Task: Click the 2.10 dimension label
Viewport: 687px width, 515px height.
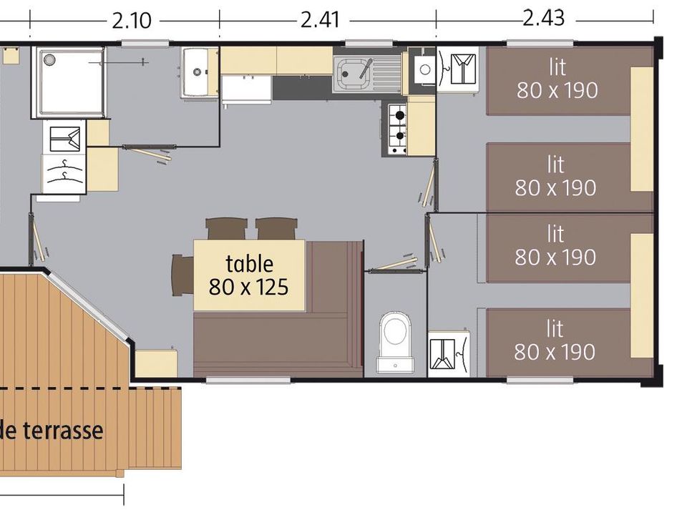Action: click(x=132, y=21)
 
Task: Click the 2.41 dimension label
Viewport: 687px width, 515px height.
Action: click(x=321, y=20)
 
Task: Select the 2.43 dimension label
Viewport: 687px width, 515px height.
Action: click(x=543, y=19)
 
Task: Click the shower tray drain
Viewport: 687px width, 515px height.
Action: click(x=48, y=59)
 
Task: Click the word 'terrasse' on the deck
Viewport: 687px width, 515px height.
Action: click(x=63, y=431)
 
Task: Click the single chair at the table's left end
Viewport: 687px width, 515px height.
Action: click(x=182, y=275)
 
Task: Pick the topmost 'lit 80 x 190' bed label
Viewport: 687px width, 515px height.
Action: click(x=557, y=79)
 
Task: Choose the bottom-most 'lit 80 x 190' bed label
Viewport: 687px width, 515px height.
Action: click(x=555, y=340)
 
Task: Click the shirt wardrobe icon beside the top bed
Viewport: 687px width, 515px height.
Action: click(x=458, y=69)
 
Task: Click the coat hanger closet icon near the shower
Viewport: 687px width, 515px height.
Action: click(x=64, y=173)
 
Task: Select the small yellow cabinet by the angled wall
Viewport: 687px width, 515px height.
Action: click(x=156, y=363)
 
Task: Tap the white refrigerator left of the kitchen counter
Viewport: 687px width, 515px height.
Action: click(x=247, y=90)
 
